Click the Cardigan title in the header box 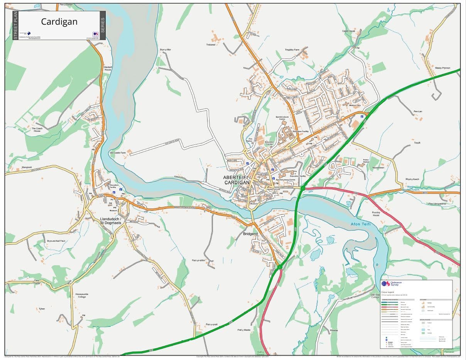tap(59, 22)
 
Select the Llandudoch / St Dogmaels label tap(110, 220)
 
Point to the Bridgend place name tap(250, 234)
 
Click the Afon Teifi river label tap(361, 224)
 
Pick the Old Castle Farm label tap(118, 153)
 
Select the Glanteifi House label tap(108, 68)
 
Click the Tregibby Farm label tap(292, 50)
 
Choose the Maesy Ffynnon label tap(442, 68)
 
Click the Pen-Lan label tap(418, 111)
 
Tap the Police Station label tap(366, 161)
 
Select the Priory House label tap(376, 214)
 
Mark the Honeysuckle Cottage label tap(81, 296)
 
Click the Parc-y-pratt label tap(212, 325)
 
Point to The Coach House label tap(36, 130)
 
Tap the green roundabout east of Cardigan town tap(303, 188)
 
